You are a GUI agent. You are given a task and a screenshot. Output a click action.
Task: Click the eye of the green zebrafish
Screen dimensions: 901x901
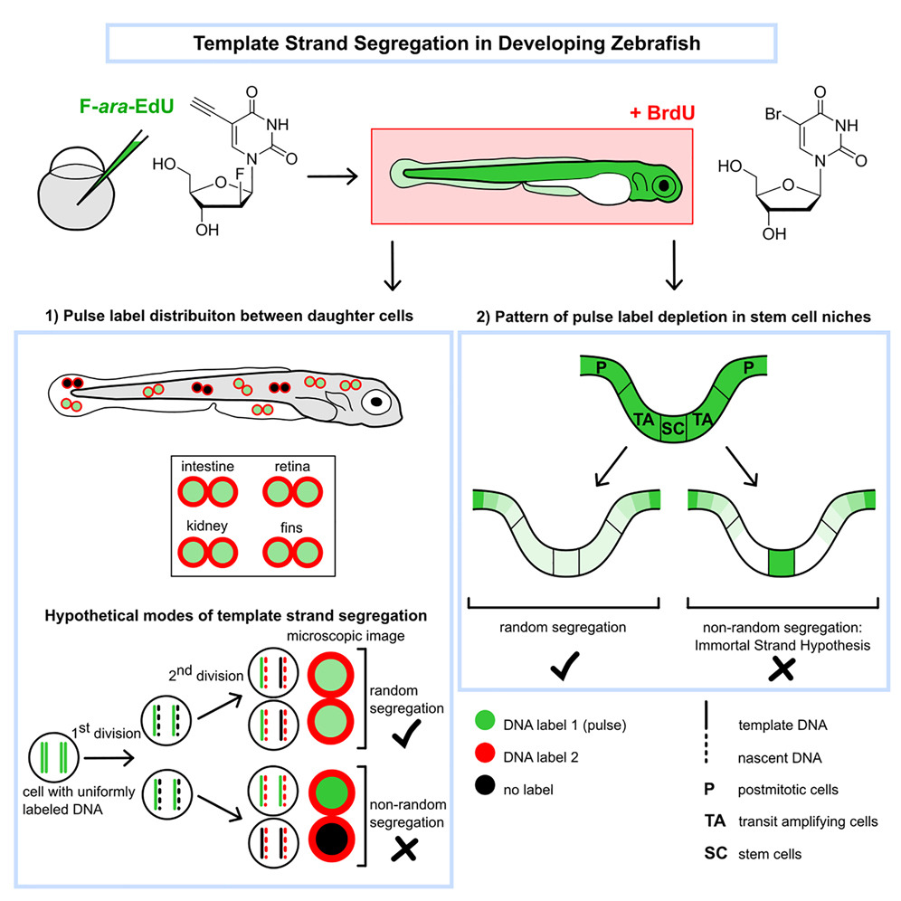[x=665, y=185]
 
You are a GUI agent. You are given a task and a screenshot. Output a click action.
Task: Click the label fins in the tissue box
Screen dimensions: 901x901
[x=289, y=524]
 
